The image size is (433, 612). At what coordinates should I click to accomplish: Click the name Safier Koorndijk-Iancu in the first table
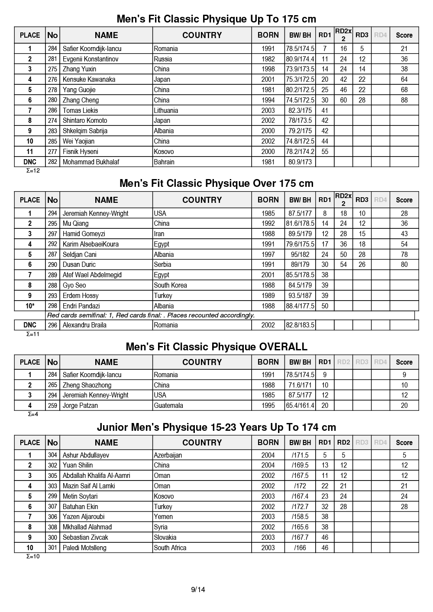coord(92,49)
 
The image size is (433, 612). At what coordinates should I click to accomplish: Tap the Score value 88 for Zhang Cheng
coord(404,100)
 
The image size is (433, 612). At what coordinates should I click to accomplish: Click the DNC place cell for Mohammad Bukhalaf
coord(30,162)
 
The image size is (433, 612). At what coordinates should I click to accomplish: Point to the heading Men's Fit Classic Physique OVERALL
coord(216,347)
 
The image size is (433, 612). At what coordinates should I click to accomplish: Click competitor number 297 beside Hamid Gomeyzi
coord(52,234)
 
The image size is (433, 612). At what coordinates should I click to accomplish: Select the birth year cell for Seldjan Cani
coord(268,255)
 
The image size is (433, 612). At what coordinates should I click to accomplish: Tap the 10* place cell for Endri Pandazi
coord(30,306)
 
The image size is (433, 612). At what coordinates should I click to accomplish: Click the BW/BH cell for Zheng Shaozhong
coord(300,385)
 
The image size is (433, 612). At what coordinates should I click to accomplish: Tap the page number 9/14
coord(198,590)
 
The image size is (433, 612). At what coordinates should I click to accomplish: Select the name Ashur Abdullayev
coord(86,455)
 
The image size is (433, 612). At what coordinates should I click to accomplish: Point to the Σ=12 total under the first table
coord(33,170)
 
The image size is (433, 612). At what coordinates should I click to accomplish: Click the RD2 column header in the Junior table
coord(343,442)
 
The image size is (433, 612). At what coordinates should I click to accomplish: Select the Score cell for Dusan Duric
coord(404,265)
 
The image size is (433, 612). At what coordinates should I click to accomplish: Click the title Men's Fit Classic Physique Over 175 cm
coord(216,183)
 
